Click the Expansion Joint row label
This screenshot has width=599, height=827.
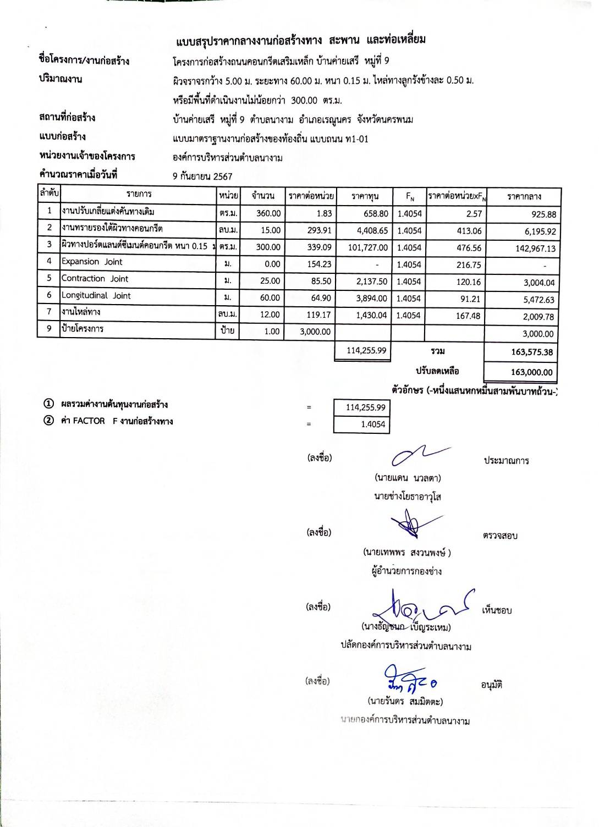point(92,262)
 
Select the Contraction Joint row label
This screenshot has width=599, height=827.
point(95,279)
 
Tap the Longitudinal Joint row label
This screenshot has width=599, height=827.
point(96,296)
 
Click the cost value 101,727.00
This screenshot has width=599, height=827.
point(368,247)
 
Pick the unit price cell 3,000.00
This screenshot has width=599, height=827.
point(315,332)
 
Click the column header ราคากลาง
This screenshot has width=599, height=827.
point(524,196)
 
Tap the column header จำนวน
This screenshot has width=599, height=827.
point(263,196)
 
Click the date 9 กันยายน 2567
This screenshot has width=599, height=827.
point(202,177)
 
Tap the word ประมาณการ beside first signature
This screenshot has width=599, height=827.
point(506,461)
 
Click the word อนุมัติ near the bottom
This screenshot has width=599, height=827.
point(491,685)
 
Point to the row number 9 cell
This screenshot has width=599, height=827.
point(49,329)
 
